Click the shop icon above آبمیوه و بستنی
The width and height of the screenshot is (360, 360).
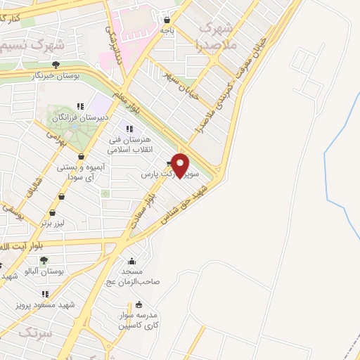[x=82, y=157]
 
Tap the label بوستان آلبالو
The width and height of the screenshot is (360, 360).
[x=44, y=271]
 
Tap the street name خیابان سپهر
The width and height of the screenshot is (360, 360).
[x=181, y=84]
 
